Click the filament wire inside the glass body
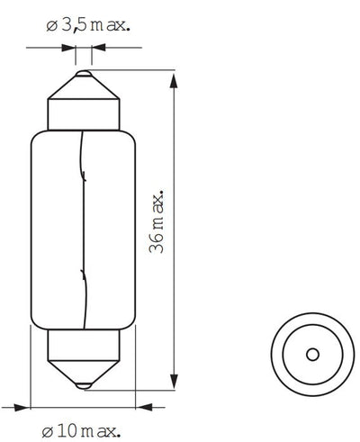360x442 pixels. coord(83,225)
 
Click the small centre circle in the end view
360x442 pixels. coord(310,353)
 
